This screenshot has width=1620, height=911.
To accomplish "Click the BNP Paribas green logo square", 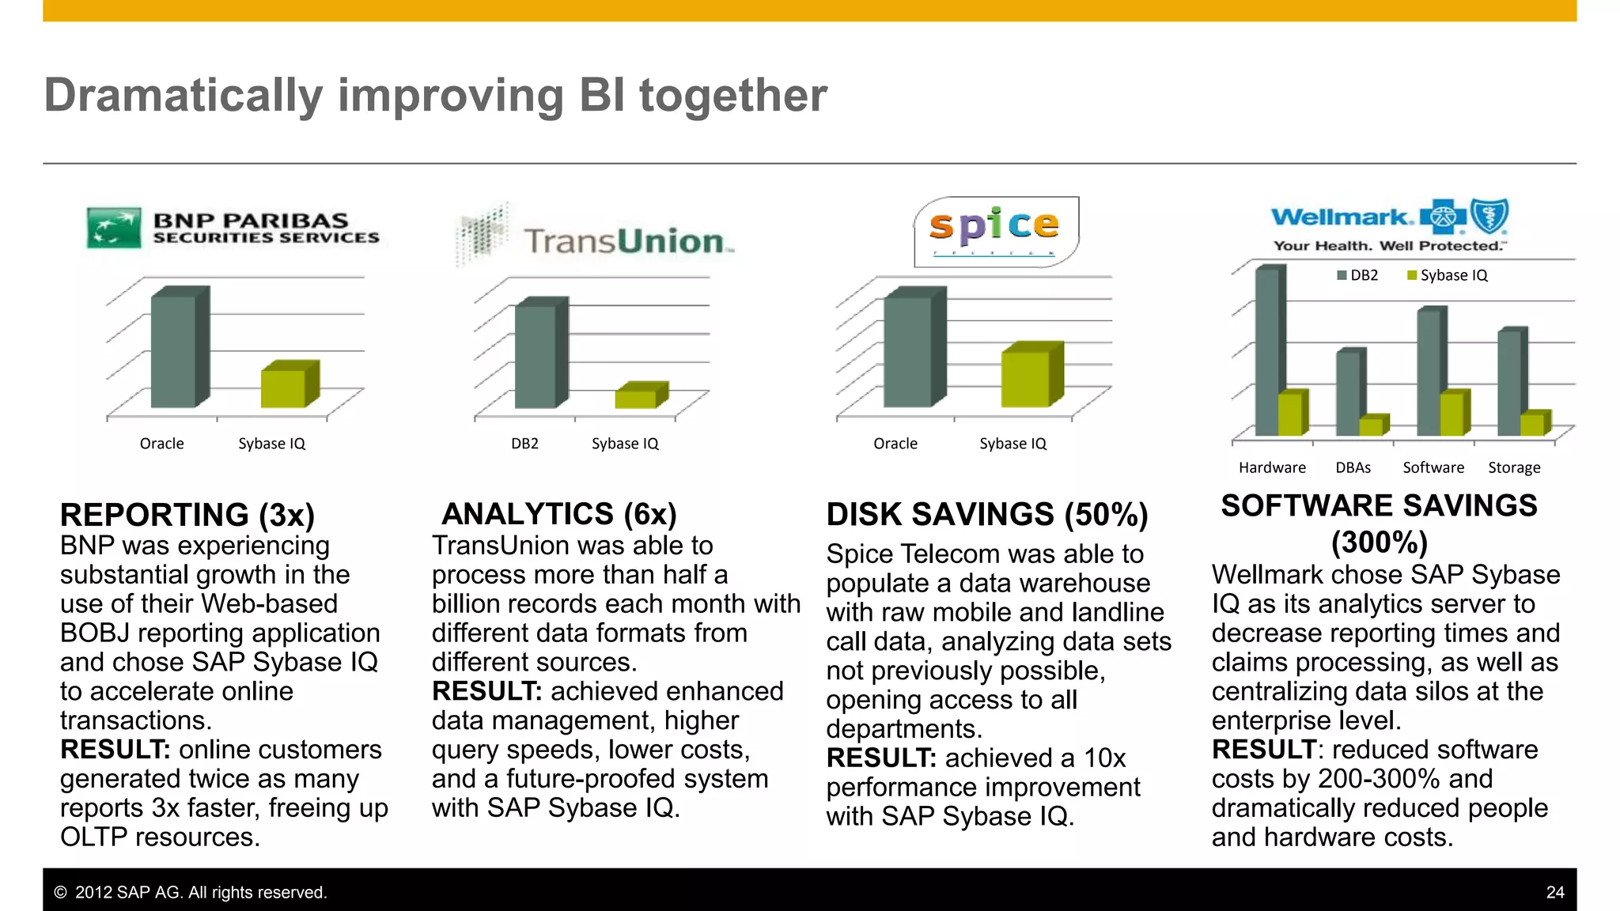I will [114, 228].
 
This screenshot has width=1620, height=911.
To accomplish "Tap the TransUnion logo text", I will [624, 241].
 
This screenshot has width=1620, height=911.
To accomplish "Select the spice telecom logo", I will [995, 231].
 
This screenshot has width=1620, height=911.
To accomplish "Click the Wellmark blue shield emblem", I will [1489, 216].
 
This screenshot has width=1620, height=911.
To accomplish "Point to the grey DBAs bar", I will [1348, 391].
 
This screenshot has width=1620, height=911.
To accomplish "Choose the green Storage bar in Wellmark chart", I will [1533, 424].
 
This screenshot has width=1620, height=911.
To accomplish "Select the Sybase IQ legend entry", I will [1448, 275].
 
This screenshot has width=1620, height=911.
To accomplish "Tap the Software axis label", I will [1433, 467].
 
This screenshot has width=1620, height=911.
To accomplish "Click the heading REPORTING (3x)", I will [187, 515].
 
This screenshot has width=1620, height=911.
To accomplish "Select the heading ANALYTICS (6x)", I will [558, 514].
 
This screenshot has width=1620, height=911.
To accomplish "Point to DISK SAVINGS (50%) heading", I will [986, 515].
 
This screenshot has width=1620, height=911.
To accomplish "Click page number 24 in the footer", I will [1554, 892].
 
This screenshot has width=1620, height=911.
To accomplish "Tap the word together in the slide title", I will [732, 96].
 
